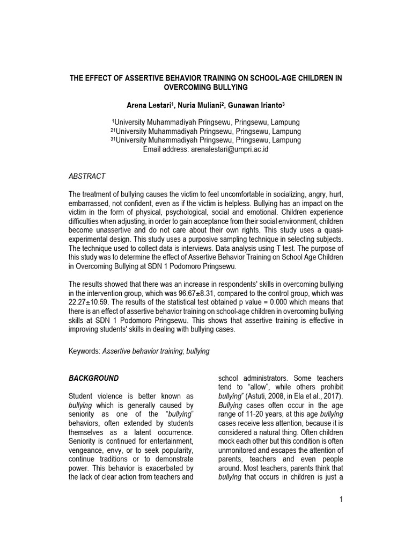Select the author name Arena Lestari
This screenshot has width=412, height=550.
point(144,104)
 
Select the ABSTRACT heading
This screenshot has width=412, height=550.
point(87,176)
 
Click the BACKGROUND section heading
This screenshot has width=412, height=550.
point(94,378)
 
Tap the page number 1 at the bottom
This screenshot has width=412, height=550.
point(340,500)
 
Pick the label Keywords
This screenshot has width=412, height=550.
point(84,350)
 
